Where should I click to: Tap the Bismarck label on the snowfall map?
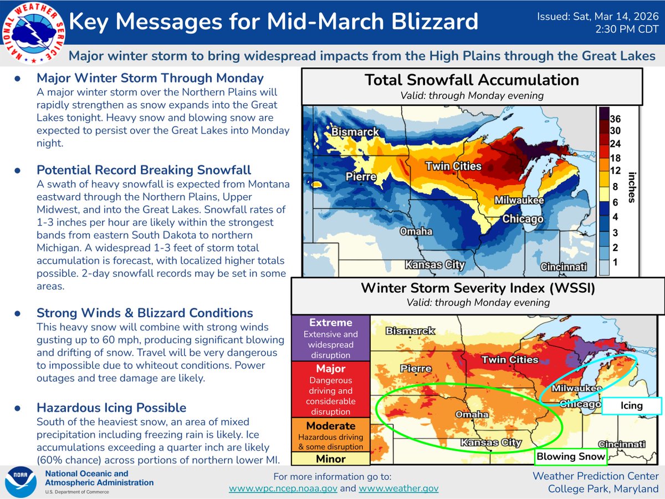tap(355, 133)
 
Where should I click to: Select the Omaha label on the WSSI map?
tap(471, 415)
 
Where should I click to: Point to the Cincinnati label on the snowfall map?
tap(563, 267)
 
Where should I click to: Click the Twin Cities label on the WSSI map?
tap(509, 360)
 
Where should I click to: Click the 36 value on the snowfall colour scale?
tap(615, 119)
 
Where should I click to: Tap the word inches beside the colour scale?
tap(632, 187)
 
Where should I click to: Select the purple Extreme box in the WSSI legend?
tap(330, 338)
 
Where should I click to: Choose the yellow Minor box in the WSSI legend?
tap(330, 459)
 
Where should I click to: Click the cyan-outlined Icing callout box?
tap(631, 406)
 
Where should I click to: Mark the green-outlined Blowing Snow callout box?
tap(570, 457)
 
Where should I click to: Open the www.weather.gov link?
tap(398, 488)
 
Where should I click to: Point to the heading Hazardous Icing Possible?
tap(111, 408)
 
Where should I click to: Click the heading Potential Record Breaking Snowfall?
tap(144, 170)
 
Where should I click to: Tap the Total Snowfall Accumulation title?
tap(472, 80)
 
